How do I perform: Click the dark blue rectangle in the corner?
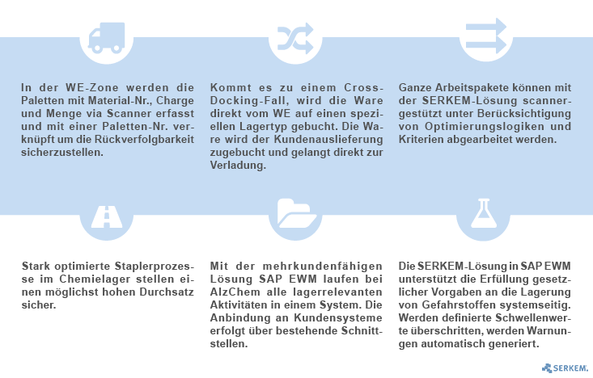click(x=565, y=368)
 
